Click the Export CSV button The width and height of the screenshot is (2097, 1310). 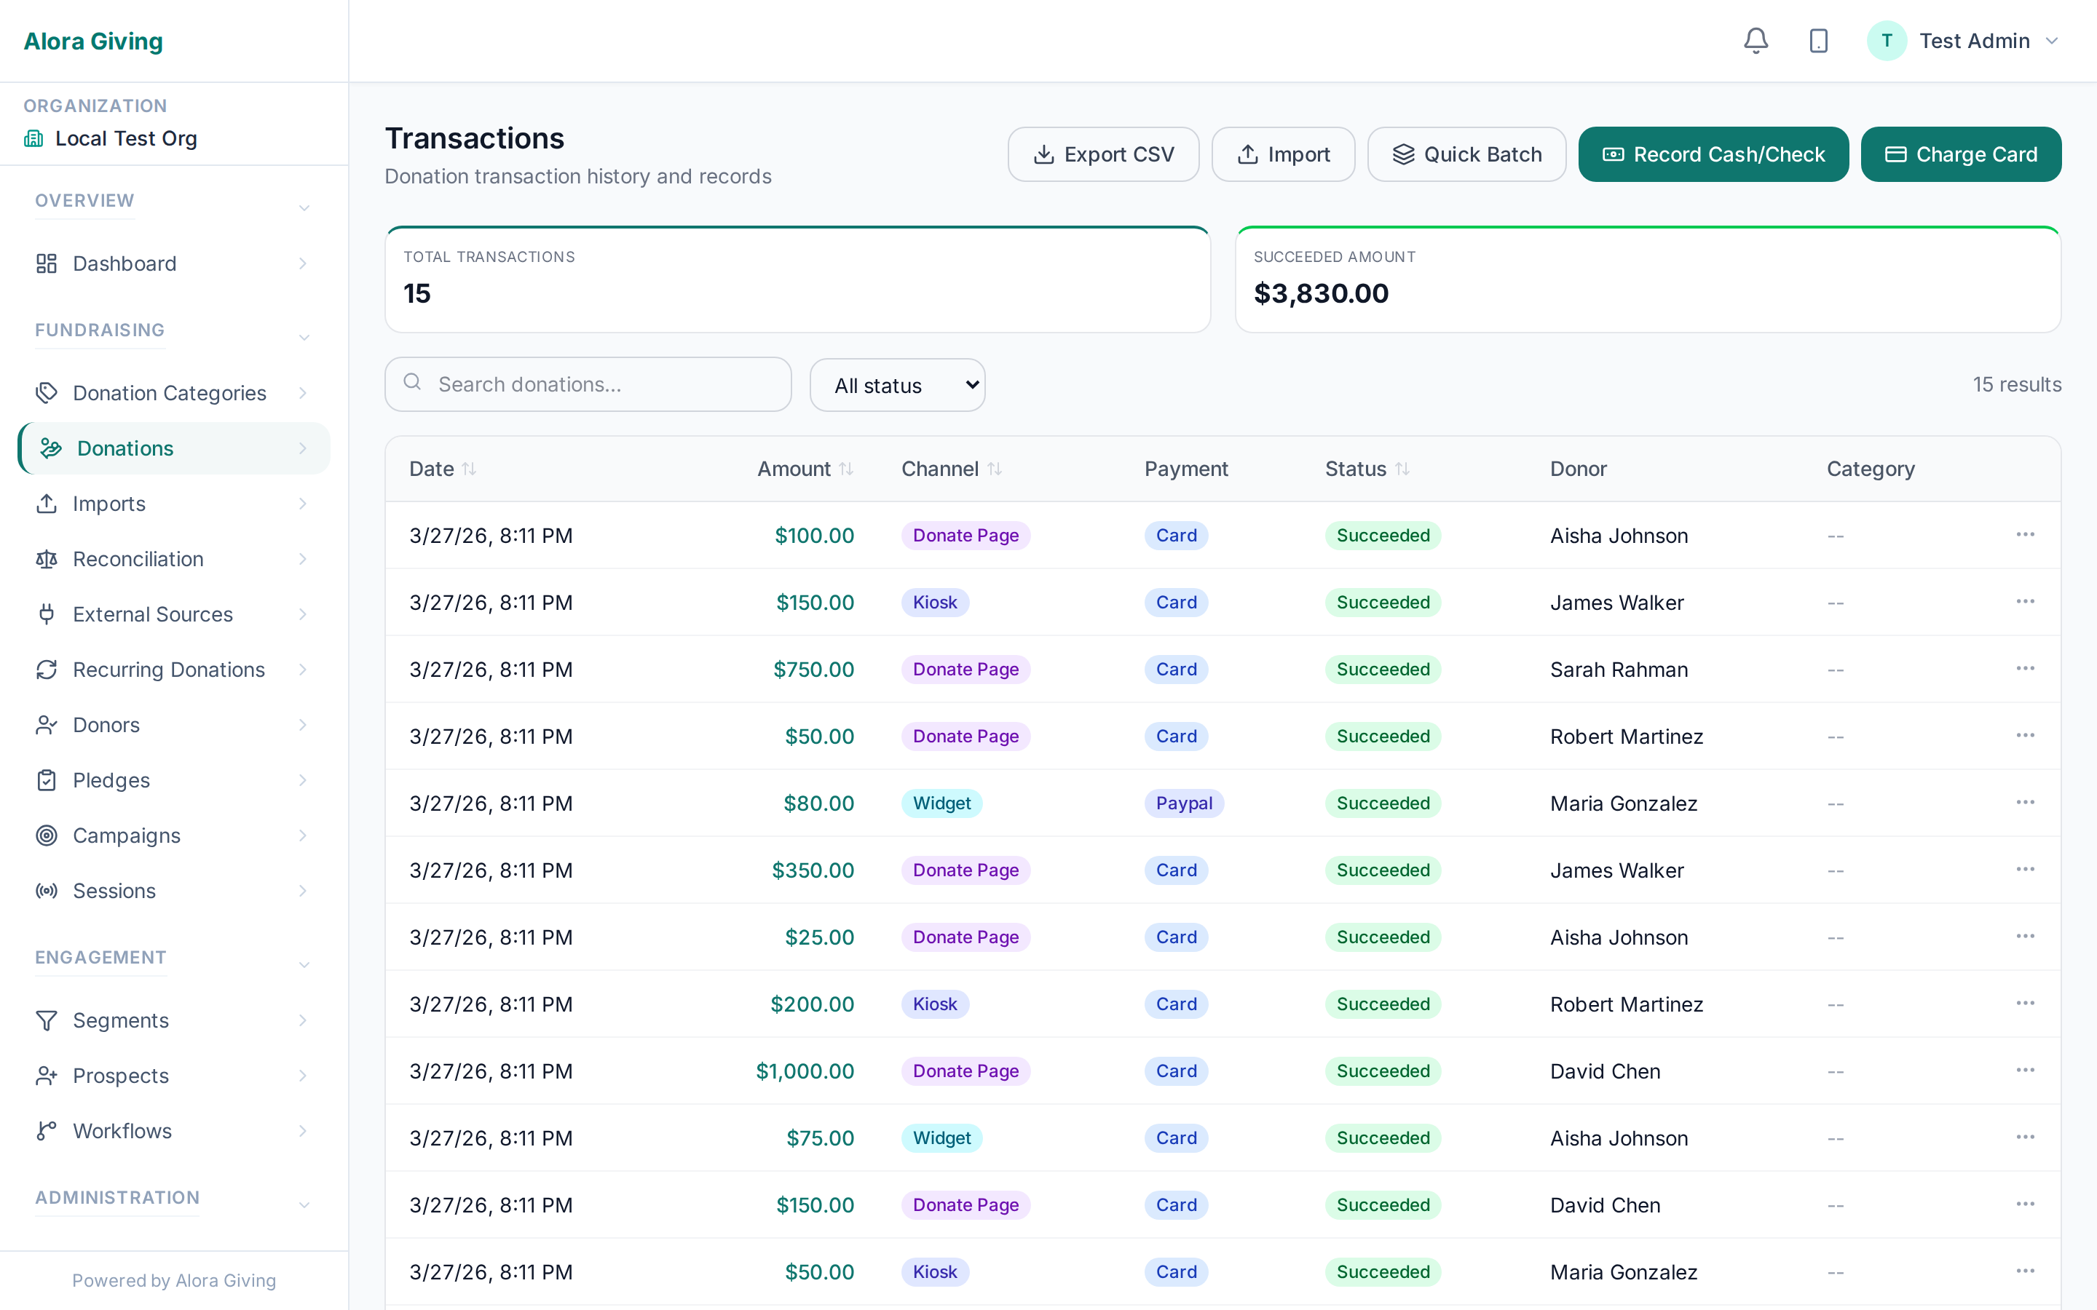[x=1103, y=154]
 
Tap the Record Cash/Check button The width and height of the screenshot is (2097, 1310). [x=1713, y=154]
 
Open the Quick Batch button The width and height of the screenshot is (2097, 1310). [x=1466, y=154]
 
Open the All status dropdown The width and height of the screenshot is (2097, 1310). [x=897, y=386]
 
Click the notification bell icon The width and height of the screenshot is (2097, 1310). [x=1756, y=41]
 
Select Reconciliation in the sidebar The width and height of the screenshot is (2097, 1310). [x=138, y=559]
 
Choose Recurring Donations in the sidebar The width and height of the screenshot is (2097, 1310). [x=168, y=670]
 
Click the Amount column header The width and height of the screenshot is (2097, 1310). [x=794, y=469]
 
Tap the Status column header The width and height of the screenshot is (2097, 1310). [x=1356, y=469]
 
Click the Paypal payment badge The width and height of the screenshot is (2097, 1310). [x=1184, y=803]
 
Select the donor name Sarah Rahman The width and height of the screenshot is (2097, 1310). [x=1619, y=670]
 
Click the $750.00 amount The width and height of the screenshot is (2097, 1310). [x=813, y=670]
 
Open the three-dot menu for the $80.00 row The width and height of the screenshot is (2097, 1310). [x=2024, y=802]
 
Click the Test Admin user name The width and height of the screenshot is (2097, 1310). [x=1974, y=41]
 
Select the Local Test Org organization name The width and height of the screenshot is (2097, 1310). [x=126, y=138]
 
